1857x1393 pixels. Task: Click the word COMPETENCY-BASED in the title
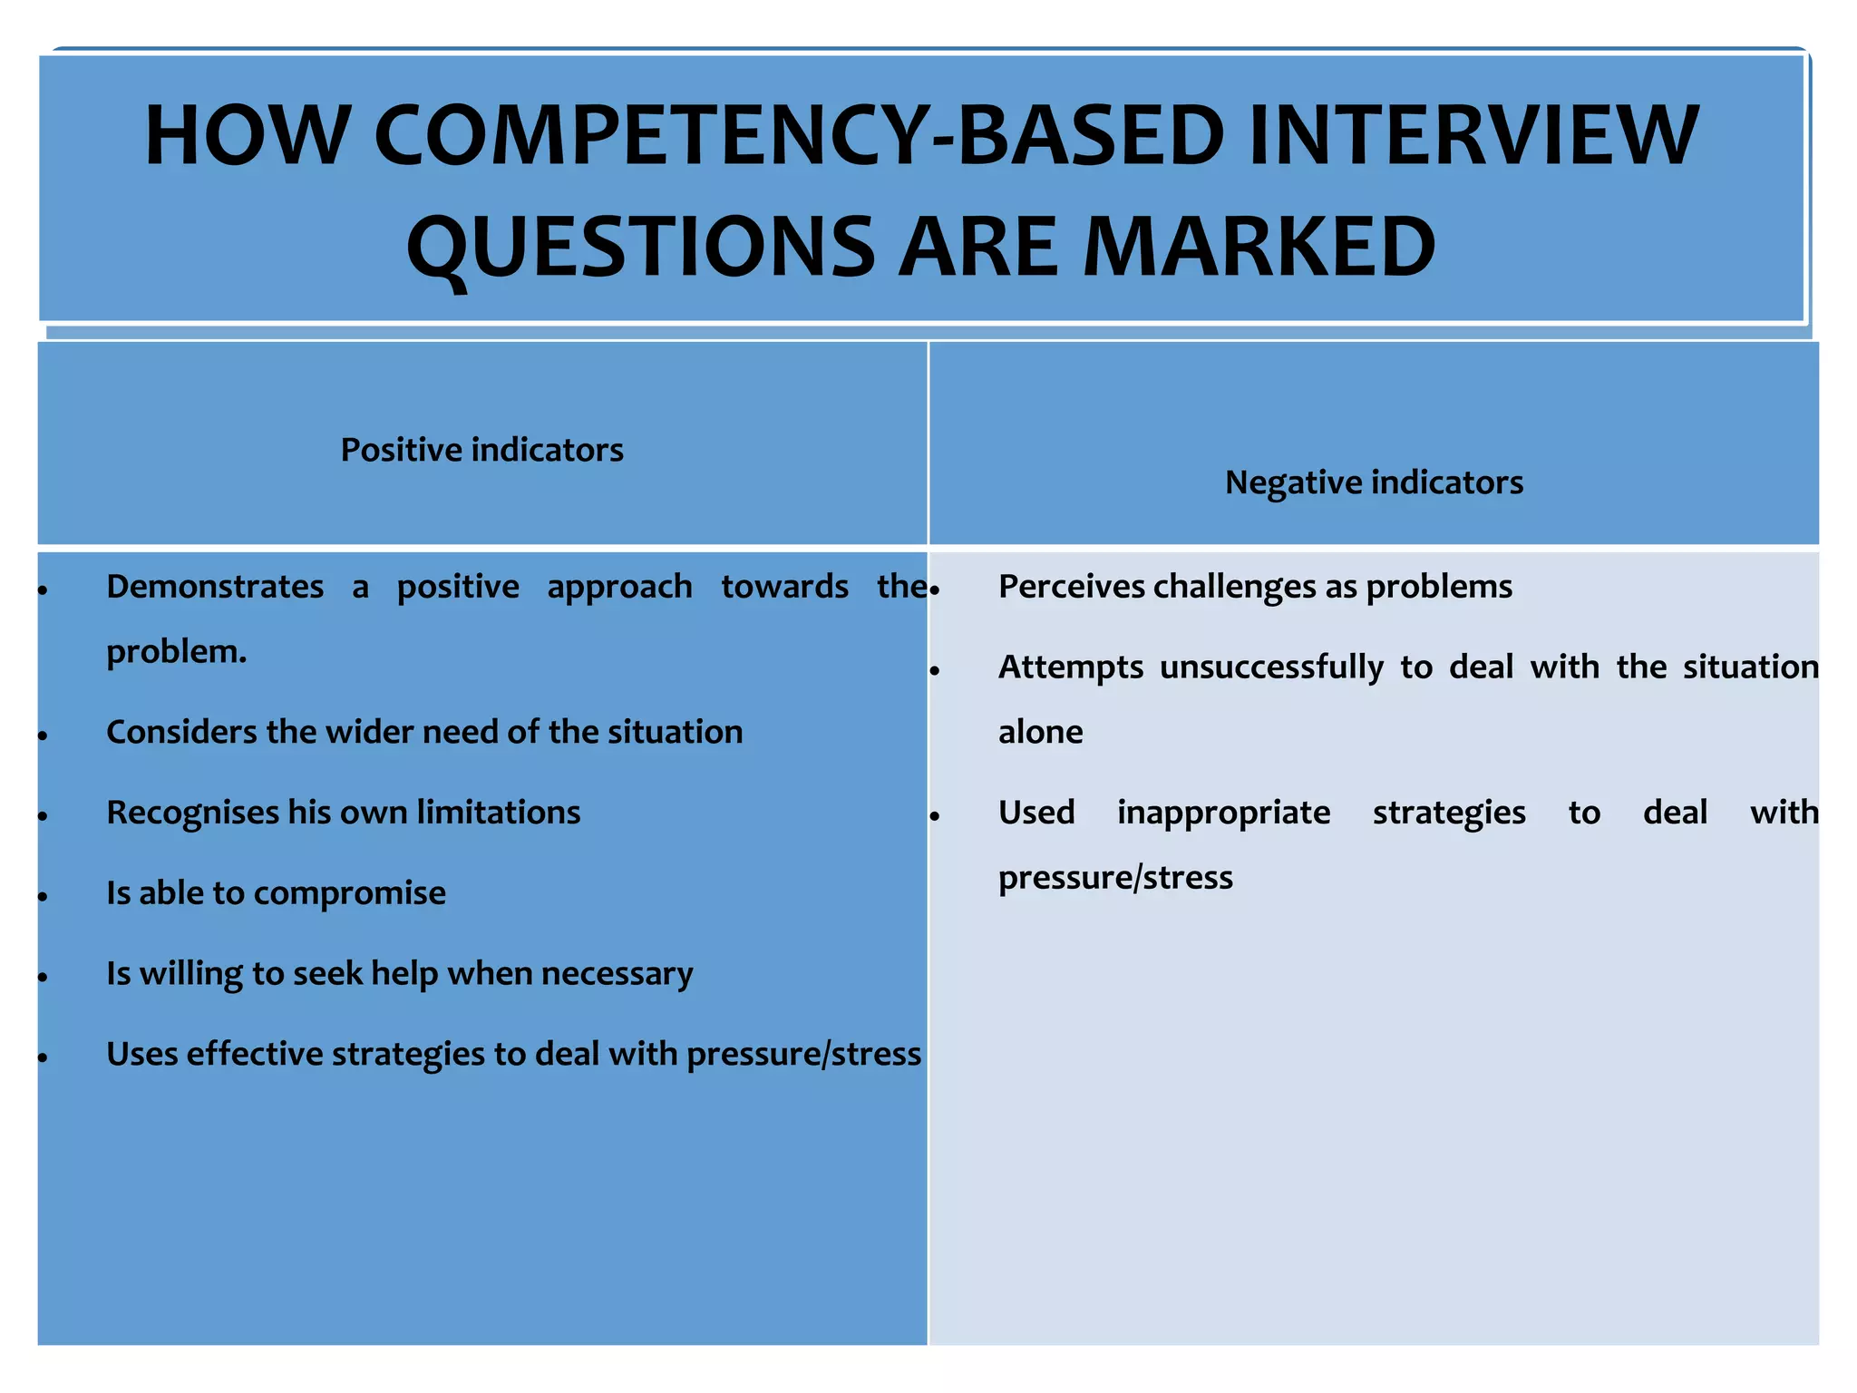798,136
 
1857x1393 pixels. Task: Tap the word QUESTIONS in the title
640,247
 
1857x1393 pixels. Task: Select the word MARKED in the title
1259,247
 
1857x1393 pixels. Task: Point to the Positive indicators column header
481,450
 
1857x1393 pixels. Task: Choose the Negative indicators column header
1373,482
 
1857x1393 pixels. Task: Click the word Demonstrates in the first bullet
215,587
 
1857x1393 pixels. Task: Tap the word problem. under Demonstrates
176,651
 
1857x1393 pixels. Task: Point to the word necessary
617,974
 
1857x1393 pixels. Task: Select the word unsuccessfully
1271,667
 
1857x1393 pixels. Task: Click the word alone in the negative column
1040,732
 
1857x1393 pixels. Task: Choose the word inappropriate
1223,813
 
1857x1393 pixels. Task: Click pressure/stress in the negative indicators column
1114,878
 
